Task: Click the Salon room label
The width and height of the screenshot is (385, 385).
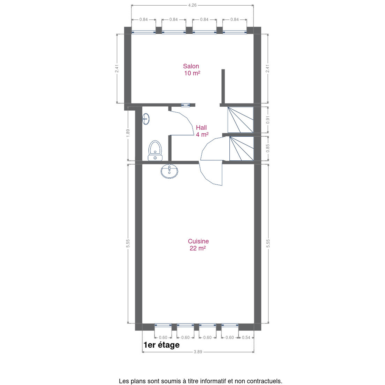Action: click(x=191, y=70)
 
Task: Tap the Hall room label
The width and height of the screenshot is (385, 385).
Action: click(x=202, y=131)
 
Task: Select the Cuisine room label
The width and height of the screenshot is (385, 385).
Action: click(x=198, y=245)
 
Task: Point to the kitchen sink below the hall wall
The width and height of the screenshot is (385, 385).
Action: click(x=169, y=171)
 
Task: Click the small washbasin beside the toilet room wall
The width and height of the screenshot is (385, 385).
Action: click(x=146, y=119)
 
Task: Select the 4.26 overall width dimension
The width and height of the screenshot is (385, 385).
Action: click(x=192, y=5)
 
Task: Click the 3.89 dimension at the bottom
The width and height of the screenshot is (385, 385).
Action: click(x=198, y=352)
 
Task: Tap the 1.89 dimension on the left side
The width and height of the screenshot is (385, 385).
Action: click(x=128, y=133)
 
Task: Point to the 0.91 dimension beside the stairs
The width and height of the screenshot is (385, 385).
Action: click(x=268, y=120)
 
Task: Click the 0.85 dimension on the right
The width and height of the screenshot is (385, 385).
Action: click(x=268, y=148)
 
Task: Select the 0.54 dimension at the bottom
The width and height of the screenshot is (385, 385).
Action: click(x=246, y=337)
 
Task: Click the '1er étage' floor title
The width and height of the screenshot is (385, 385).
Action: click(x=161, y=345)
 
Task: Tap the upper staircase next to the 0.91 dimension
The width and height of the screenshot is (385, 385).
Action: click(x=241, y=120)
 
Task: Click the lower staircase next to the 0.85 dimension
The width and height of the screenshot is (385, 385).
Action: click(x=241, y=148)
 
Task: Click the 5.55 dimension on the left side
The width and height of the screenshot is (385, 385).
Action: click(x=128, y=243)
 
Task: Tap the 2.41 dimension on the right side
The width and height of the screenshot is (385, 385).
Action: click(x=268, y=68)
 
